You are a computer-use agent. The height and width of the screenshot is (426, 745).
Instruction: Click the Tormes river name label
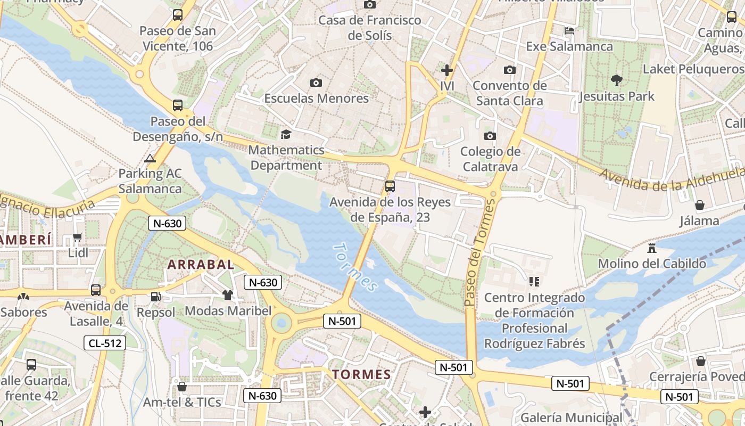(355, 268)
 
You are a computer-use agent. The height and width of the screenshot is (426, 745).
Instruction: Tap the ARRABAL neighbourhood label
(201, 264)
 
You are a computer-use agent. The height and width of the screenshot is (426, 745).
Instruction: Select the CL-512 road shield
(105, 343)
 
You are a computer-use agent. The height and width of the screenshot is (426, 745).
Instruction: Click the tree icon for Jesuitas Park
(617, 81)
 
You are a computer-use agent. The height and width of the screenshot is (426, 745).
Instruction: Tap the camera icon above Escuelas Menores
(316, 83)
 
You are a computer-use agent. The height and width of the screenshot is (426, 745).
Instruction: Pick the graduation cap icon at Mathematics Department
(286, 134)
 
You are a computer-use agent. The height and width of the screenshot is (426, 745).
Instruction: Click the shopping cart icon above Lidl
(78, 237)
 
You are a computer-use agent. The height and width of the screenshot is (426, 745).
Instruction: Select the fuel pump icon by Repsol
(155, 297)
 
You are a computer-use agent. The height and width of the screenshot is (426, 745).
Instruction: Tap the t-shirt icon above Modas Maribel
(228, 295)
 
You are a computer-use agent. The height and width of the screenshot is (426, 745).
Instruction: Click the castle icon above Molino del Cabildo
(652, 248)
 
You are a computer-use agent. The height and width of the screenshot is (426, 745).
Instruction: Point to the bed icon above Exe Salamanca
(569, 31)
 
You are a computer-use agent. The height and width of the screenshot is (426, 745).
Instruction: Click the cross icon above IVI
(447, 70)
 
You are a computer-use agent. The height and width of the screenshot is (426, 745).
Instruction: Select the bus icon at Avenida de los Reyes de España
(390, 186)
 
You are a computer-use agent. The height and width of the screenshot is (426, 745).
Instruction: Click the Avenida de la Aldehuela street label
(672, 181)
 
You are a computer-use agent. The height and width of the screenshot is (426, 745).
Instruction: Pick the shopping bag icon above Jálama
(700, 205)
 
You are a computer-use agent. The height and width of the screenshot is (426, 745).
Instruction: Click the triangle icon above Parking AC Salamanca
(150, 158)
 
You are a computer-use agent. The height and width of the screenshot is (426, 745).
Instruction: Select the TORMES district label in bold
(362, 374)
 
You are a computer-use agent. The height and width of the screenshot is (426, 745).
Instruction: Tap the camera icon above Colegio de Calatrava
(490, 136)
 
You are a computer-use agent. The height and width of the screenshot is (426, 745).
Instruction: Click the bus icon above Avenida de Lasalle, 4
(96, 290)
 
